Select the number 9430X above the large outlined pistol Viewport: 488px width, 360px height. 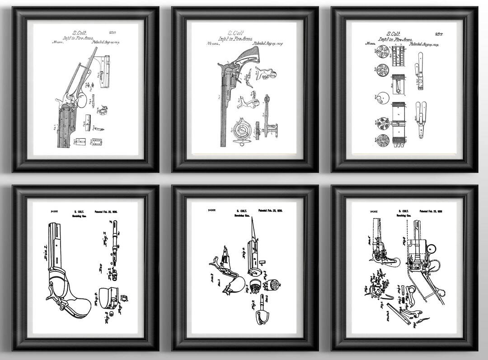46,211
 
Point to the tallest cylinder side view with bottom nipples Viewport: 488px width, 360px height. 400,121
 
